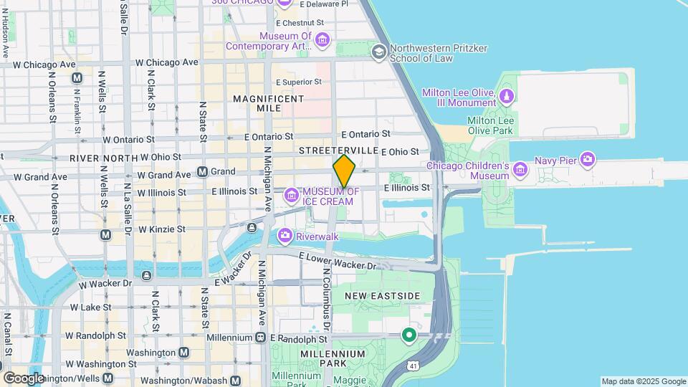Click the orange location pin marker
coord(344,171)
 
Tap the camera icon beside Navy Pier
coord(588,158)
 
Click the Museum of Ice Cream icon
coord(291,195)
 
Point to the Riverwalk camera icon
coord(285,236)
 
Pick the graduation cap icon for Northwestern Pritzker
coord(379,52)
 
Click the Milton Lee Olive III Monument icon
coord(507,96)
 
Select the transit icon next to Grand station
coord(202,172)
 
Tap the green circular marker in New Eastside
coord(409,335)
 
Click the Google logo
coord(23,378)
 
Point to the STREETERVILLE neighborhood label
coord(338,150)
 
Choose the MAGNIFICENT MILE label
coord(268,103)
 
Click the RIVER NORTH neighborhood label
coord(103,157)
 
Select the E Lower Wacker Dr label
coord(337,261)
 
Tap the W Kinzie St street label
coord(162,229)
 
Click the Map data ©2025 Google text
coord(643,381)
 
